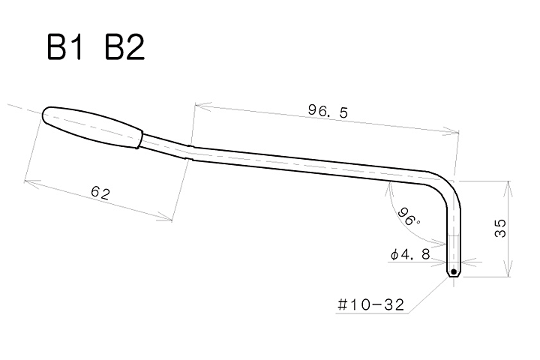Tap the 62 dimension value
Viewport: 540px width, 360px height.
(100, 193)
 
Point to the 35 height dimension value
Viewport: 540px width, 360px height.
(500, 229)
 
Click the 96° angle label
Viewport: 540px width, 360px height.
(409, 217)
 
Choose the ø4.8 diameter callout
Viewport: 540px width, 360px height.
(410, 254)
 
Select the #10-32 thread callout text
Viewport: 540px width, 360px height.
(370, 305)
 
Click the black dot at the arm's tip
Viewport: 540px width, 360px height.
(454, 271)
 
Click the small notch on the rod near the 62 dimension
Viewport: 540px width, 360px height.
(190, 152)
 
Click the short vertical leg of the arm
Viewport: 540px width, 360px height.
(454, 232)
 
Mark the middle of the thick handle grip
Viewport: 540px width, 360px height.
(94, 127)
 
